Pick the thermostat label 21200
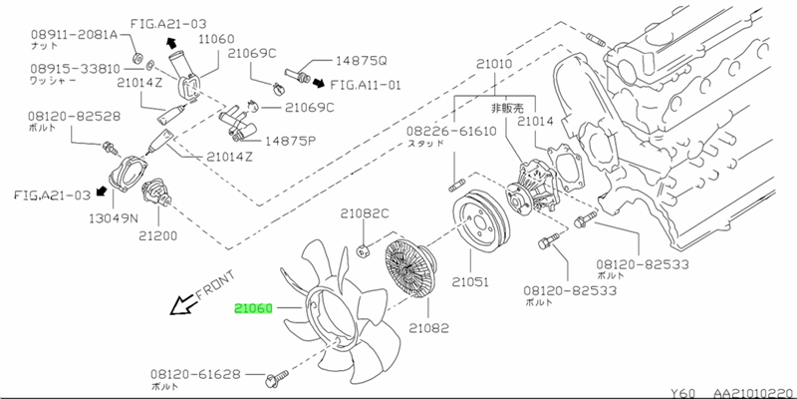coord(158,236)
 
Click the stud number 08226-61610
coord(450,131)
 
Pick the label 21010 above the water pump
coord(494,65)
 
